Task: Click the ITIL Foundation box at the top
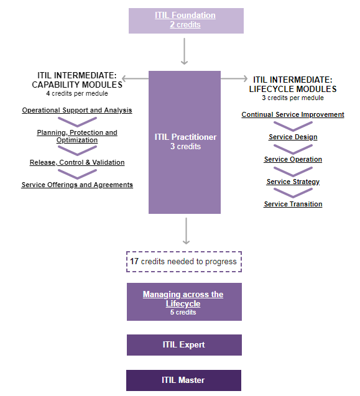click(185, 21)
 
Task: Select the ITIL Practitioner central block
click(185, 142)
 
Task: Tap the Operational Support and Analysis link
click(77, 111)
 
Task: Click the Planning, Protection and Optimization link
click(77, 136)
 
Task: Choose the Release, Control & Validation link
click(77, 162)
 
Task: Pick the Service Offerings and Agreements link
click(77, 185)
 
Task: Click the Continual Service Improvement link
click(293, 114)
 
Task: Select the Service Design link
click(293, 137)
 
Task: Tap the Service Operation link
click(293, 159)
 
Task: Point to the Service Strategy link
click(293, 182)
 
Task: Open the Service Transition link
click(293, 204)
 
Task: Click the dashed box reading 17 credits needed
click(183, 262)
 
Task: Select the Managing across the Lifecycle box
click(183, 302)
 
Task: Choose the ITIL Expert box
click(183, 345)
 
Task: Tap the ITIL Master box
click(183, 380)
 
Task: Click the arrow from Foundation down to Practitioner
click(184, 52)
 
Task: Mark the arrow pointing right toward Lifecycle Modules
click(234, 78)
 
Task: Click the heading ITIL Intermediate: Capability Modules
click(77, 80)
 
